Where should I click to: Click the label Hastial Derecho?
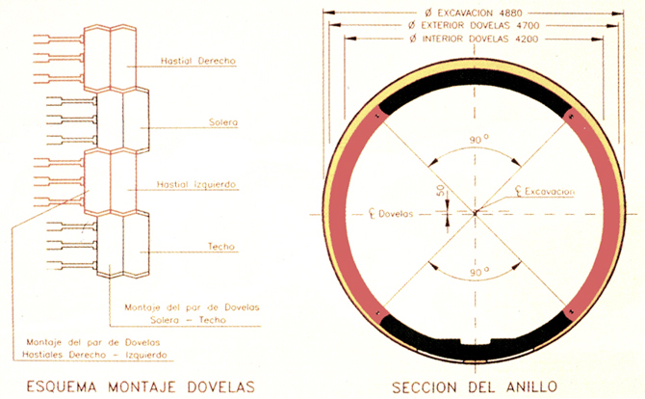click(x=198, y=61)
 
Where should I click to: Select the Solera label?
click(x=223, y=122)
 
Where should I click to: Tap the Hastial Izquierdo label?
click(x=196, y=184)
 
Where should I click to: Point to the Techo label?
click(x=221, y=246)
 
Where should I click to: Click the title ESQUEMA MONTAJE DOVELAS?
click(x=141, y=387)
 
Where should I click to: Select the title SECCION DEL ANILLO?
click(x=475, y=387)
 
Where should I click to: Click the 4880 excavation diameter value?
click(x=511, y=13)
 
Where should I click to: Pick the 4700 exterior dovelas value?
click(x=528, y=25)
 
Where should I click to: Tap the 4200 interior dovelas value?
click(x=527, y=40)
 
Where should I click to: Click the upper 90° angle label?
click(x=478, y=139)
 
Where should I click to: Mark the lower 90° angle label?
click(x=478, y=272)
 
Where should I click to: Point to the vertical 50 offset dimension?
click(x=441, y=190)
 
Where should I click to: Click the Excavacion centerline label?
click(x=545, y=191)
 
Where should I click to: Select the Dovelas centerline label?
click(x=391, y=214)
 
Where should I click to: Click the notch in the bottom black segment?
click(x=477, y=341)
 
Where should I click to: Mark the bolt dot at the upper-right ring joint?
click(x=571, y=117)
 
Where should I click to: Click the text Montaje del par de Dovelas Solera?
click(x=193, y=313)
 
